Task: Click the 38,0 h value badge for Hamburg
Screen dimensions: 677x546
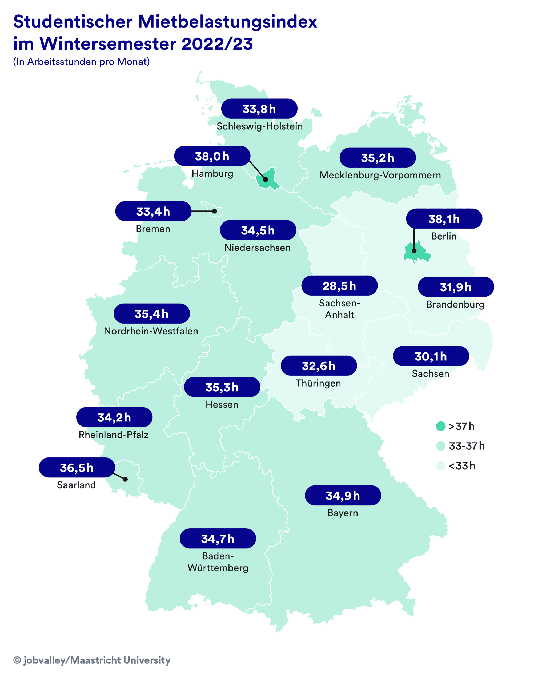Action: (212, 156)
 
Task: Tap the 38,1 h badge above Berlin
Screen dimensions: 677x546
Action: (444, 219)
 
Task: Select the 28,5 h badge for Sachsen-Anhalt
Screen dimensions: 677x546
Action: (339, 286)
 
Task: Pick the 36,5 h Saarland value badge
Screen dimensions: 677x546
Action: (77, 468)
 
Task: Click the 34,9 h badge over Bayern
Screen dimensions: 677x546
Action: (343, 496)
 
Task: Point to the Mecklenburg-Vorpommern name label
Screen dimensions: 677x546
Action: (380, 175)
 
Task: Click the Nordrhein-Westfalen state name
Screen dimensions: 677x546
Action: (151, 331)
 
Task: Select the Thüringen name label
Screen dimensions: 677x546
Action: (318, 383)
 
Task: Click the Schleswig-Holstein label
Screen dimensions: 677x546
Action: (259, 126)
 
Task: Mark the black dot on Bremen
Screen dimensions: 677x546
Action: (215, 211)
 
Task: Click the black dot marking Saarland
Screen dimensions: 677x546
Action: (125, 479)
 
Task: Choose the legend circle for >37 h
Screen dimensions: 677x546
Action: (441, 427)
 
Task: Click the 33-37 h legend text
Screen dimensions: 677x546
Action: (467, 446)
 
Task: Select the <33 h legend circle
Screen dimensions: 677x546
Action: (441, 466)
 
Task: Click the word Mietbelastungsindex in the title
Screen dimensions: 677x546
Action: (227, 22)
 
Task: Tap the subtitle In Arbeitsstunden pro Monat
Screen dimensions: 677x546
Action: (81, 62)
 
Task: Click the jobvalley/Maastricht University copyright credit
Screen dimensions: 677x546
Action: (92, 660)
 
